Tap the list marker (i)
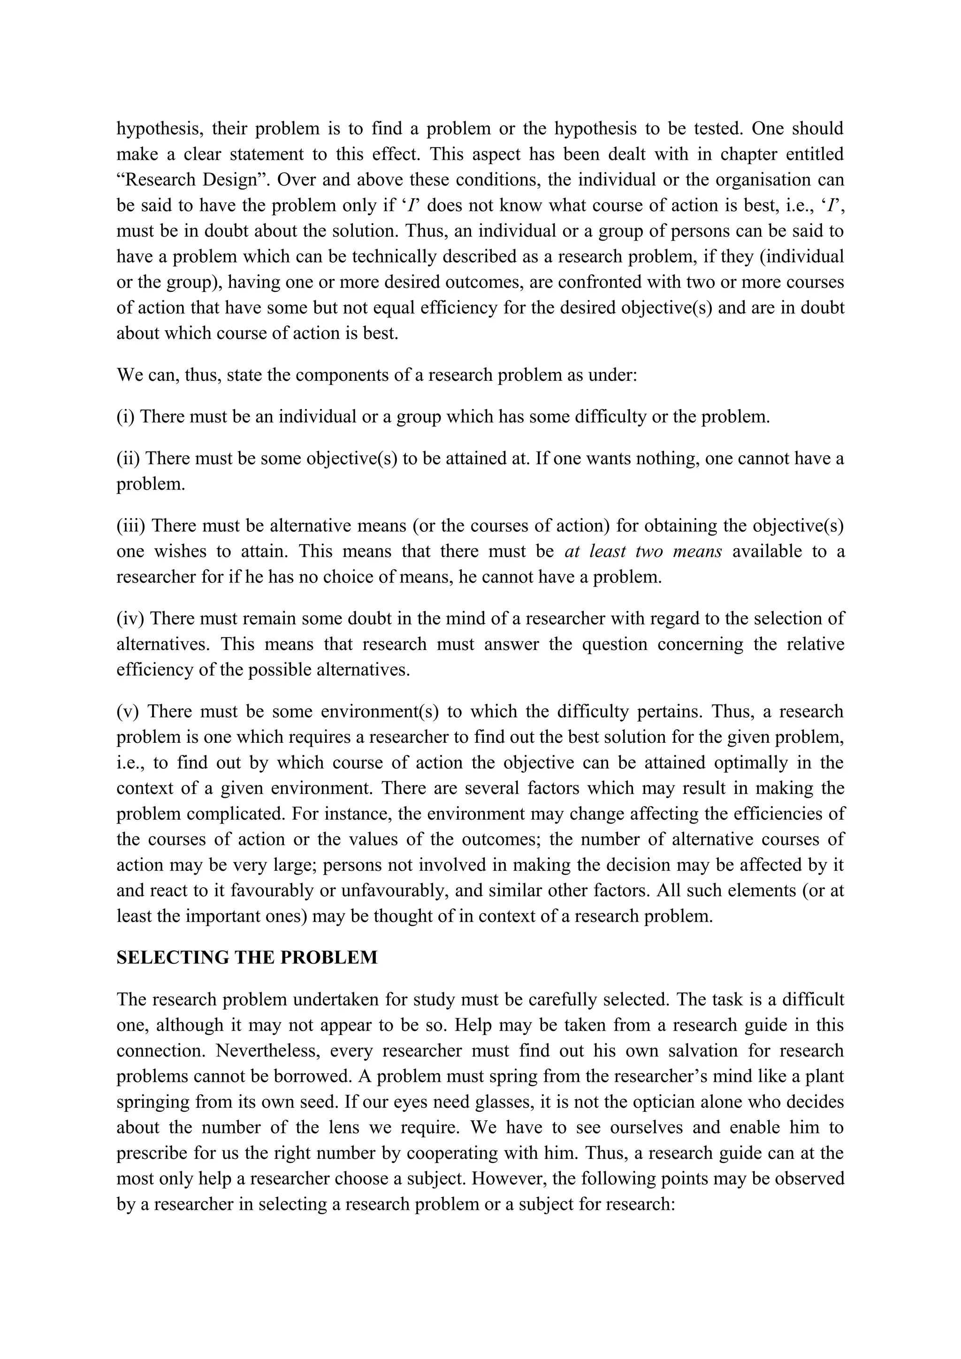point(126,417)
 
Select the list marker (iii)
point(131,526)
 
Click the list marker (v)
point(127,711)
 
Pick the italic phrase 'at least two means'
point(643,551)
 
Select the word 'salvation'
point(710,1050)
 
